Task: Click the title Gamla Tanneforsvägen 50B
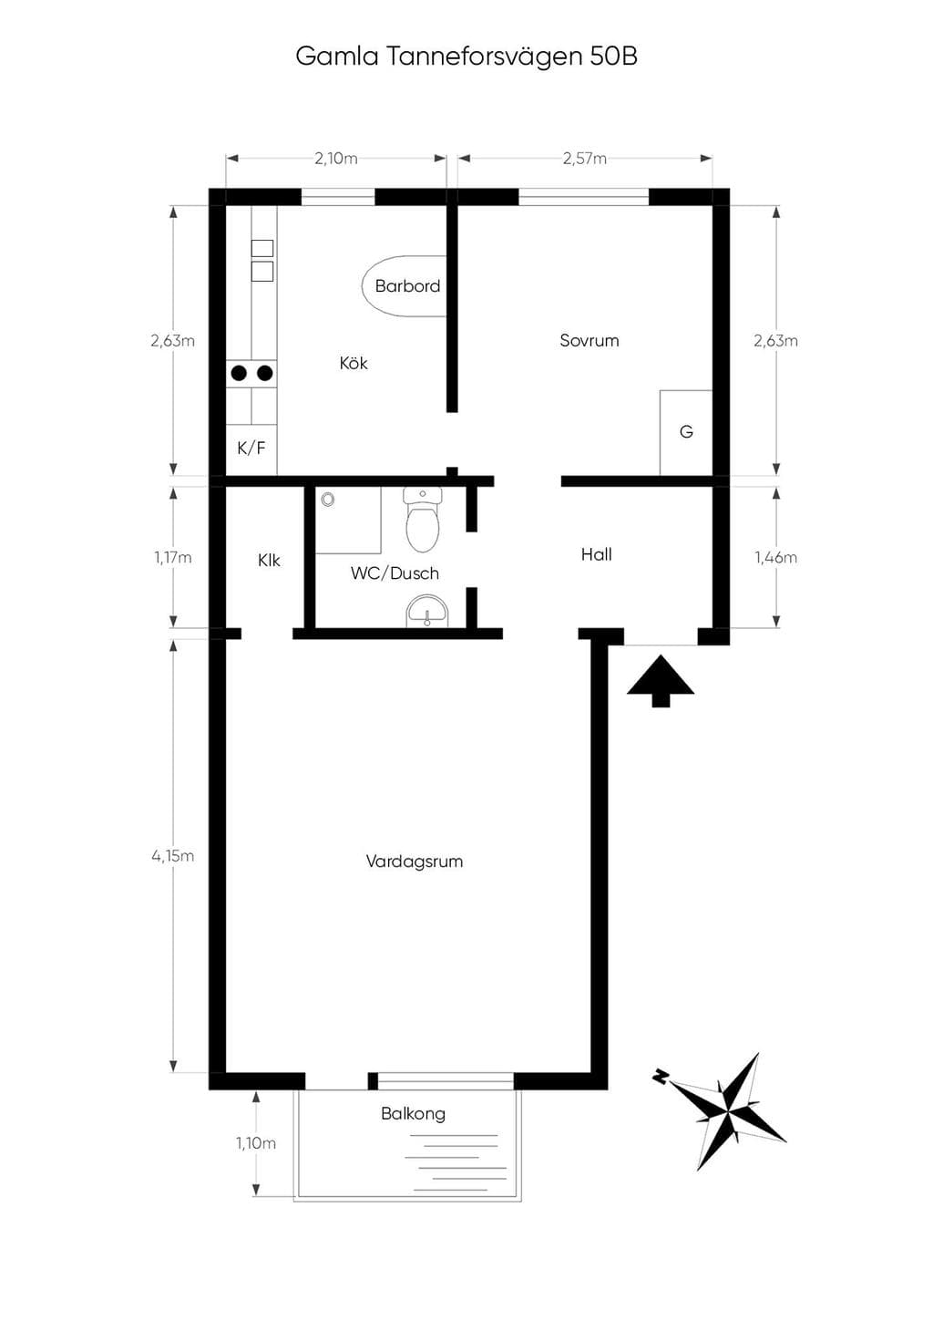466,57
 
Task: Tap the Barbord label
407,286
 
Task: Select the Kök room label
353,363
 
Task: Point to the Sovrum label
589,340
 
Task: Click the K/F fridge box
251,449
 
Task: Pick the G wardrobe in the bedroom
686,432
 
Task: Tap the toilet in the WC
423,520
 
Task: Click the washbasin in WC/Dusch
427,612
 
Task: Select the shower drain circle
328,500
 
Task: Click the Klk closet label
269,560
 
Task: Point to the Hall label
597,554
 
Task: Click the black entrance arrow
661,680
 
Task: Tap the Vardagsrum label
415,862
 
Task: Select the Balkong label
413,1114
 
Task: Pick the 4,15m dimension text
173,856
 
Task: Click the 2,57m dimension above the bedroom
585,159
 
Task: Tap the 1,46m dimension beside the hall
775,557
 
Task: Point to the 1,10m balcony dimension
256,1143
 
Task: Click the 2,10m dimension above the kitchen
336,159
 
